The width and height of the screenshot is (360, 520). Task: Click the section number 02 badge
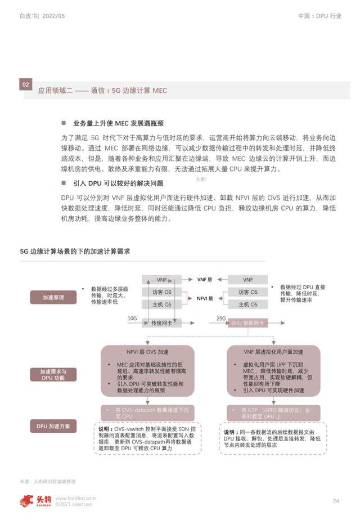pos(26,84)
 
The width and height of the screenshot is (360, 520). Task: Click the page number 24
pos(336,501)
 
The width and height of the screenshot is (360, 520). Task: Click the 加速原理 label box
pos(53,297)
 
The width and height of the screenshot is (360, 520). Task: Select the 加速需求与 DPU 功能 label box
pos(53,375)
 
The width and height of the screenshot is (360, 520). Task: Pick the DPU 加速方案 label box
pos(53,426)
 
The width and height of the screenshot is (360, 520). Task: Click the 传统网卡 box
pos(161,323)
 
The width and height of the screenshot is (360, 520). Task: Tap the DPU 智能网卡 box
pos(248,323)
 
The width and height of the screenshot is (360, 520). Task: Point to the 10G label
pos(132,319)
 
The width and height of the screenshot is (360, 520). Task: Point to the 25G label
pos(221,319)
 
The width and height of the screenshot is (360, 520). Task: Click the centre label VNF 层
pos(204,280)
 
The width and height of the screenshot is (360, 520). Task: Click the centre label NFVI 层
pos(204,299)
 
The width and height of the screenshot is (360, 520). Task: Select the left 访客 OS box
pos(161,292)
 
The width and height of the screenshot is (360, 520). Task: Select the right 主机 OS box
pos(248,304)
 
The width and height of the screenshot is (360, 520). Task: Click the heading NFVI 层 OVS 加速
pos(147,352)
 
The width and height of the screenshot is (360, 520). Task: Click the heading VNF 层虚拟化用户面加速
pos(274,352)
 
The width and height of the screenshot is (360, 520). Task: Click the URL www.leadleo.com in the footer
pos(75,498)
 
